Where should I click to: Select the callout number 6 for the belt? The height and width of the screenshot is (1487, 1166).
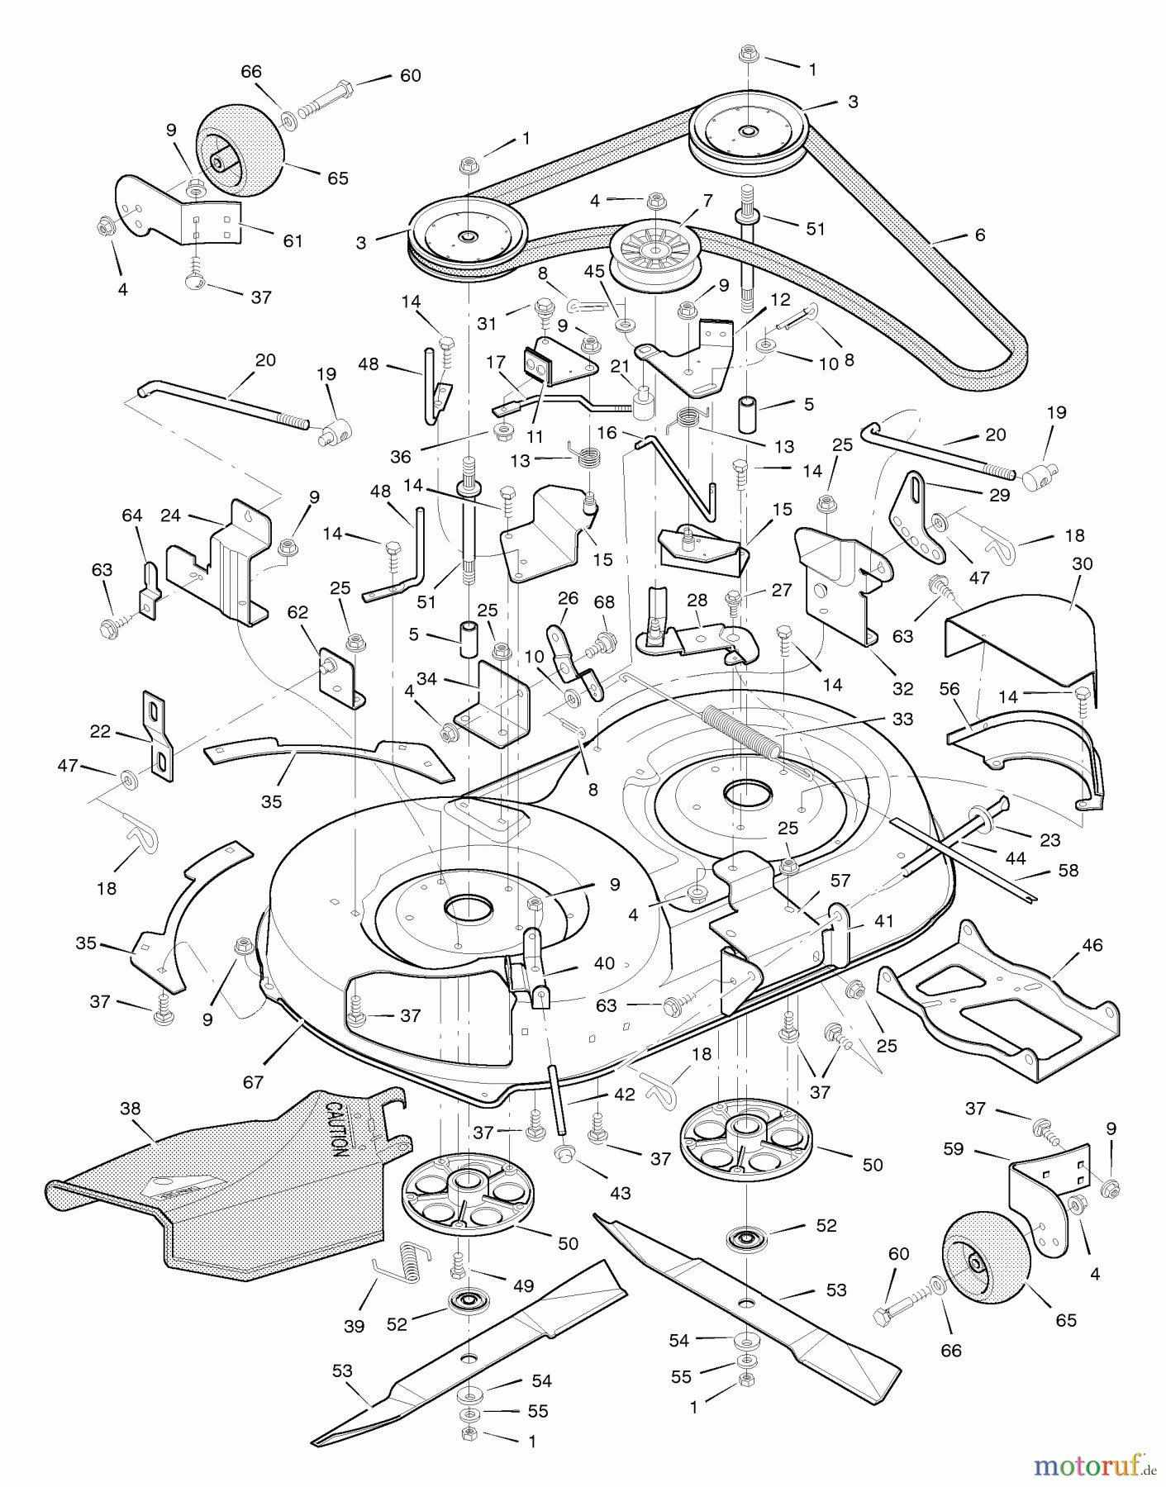point(980,235)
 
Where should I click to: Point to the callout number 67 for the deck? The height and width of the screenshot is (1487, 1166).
point(254,1081)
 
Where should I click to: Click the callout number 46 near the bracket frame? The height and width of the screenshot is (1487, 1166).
point(1092,944)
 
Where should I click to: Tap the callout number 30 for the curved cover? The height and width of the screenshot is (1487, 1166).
point(1082,563)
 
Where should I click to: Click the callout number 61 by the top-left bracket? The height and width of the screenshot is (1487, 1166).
point(293,240)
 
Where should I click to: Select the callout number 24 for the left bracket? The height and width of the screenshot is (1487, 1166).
point(170,515)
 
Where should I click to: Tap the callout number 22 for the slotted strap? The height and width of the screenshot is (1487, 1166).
point(100,732)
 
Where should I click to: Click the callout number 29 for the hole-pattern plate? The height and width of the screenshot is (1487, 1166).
point(999,495)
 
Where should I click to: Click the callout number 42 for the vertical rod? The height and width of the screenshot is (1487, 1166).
point(625,1095)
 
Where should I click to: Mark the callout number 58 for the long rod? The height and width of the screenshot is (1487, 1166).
point(1068,871)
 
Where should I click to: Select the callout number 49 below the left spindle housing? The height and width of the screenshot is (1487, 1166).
point(524,1285)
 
